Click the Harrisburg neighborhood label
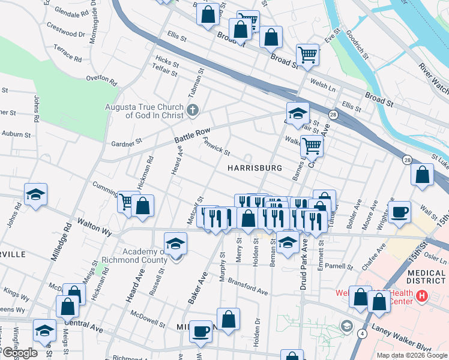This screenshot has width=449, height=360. click(255, 169)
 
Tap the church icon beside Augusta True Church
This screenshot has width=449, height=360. click(192, 110)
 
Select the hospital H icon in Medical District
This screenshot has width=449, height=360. click(421, 296)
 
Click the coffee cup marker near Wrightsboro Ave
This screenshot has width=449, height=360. click(399, 212)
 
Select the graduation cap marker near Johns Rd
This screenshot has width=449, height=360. click(35, 194)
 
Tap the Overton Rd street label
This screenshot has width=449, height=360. click(101, 78)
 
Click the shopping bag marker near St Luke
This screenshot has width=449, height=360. click(423, 175)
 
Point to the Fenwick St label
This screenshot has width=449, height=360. click(216, 146)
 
